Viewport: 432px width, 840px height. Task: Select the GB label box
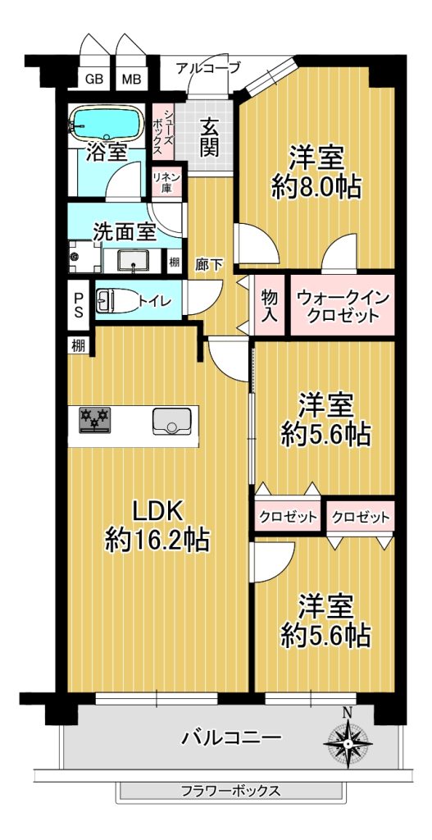tap(94, 80)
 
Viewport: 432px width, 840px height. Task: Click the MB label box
tap(131, 80)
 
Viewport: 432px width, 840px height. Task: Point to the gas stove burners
tap(95, 419)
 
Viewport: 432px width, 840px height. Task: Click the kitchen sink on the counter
tap(172, 421)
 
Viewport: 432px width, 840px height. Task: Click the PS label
tap(79, 304)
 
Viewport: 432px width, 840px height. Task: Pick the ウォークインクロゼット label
tap(343, 306)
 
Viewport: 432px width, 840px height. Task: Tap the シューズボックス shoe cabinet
tap(161, 131)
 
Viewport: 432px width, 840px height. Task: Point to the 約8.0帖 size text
tap(316, 187)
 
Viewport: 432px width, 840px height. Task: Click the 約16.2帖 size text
tap(157, 541)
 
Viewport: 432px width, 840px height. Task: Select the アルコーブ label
tap(208, 68)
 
